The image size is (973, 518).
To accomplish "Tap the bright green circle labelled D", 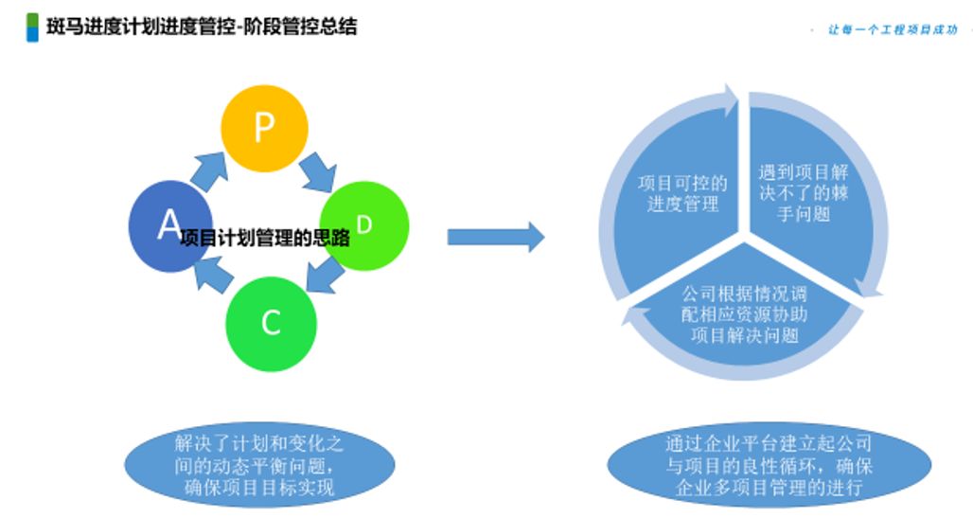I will coord(364,225).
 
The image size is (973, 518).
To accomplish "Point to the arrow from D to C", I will coord(325,277).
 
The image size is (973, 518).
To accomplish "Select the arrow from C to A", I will coord(212,278).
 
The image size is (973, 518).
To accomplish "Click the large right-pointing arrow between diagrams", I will coord(495,237).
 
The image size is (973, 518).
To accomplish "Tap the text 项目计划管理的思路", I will coord(264,239).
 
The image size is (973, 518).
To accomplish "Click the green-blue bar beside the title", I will coord(32,27).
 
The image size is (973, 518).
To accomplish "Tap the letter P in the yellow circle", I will coord(264,129).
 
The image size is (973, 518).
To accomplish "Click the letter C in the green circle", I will coord(271,323).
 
